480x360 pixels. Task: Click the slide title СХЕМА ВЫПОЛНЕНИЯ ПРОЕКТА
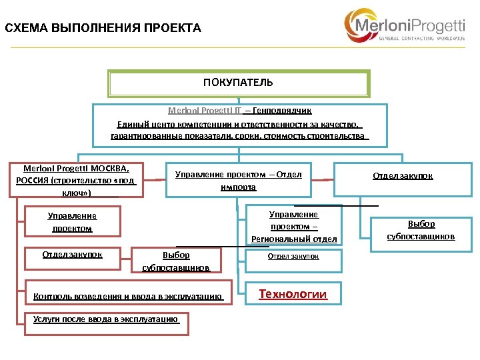click(103, 28)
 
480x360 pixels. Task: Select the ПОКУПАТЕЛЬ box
click(238, 83)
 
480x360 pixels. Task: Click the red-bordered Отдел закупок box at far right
click(402, 176)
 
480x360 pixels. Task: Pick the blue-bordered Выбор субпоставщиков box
click(421, 230)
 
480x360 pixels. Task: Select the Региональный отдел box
click(293, 227)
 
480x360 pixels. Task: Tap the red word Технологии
click(293, 294)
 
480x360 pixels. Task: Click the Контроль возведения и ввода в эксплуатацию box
click(128, 295)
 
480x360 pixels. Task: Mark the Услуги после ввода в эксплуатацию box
click(106, 319)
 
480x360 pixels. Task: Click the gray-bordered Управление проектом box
click(72, 222)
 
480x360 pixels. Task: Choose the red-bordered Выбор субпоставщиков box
click(176, 261)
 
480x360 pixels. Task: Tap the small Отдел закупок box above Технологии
click(293, 256)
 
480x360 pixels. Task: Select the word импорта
click(238, 187)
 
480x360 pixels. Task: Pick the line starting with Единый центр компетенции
click(239, 124)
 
